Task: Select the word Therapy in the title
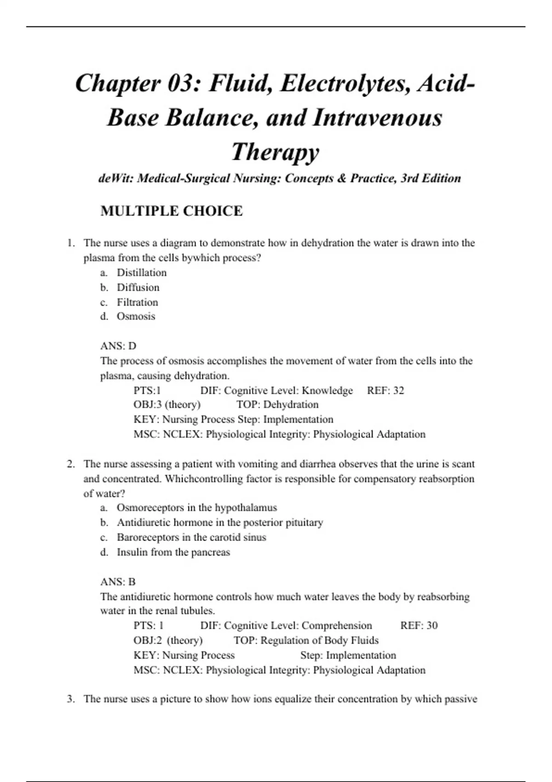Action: point(275,152)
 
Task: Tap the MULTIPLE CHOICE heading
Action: point(172,211)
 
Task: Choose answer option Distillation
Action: point(142,273)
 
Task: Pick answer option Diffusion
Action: point(138,287)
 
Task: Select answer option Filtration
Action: point(137,302)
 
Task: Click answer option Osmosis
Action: point(136,316)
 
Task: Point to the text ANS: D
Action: point(118,346)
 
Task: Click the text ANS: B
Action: point(118,582)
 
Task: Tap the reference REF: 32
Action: point(385,391)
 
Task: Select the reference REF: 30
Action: point(419,626)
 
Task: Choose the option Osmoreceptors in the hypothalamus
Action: point(197,508)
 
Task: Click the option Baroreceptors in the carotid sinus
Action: point(191,537)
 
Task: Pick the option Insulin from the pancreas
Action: point(173,552)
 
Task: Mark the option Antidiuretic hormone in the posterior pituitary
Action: point(220,523)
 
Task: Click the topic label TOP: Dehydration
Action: point(277,405)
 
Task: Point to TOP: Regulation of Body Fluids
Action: point(306,640)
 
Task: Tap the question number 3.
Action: point(70,699)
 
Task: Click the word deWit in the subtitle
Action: point(115,178)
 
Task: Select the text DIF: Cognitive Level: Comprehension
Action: point(286,626)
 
